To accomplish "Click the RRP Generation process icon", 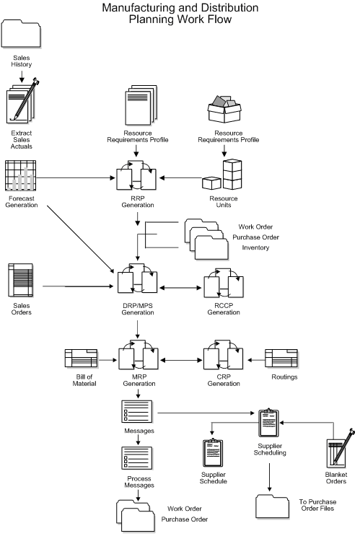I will point(136,175).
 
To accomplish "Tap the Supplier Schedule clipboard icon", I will point(214,454).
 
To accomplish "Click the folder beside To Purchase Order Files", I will point(272,505).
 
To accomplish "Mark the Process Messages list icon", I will point(135,460).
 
